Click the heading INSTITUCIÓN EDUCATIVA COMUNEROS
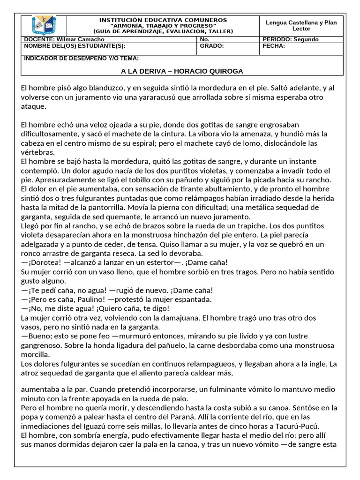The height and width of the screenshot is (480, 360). [x=163, y=20]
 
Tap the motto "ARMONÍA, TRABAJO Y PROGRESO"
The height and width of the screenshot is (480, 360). [x=163, y=26]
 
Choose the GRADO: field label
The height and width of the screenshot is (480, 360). [x=212, y=46]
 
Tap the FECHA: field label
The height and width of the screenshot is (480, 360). [x=274, y=46]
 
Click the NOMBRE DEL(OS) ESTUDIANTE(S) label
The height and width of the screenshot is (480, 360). [x=75, y=46]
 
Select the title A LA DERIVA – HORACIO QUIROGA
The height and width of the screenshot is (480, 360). [x=182, y=71]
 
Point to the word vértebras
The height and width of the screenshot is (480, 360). [x=38, y=152]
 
